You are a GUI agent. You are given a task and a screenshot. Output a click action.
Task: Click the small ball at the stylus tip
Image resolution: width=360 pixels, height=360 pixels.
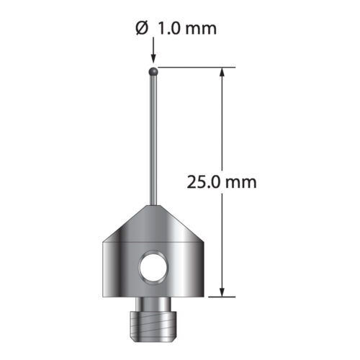(153, 71)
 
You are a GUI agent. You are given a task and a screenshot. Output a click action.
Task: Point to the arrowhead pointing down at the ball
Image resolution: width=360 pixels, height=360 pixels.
(153, 60)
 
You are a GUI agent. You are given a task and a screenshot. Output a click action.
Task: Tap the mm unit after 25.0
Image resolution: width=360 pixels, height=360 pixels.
(240, 181)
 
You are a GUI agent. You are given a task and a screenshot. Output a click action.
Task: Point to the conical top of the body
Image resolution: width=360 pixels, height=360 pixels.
(153, 223)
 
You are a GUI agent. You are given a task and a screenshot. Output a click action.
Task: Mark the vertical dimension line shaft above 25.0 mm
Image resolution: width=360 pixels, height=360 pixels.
(223, 122)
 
